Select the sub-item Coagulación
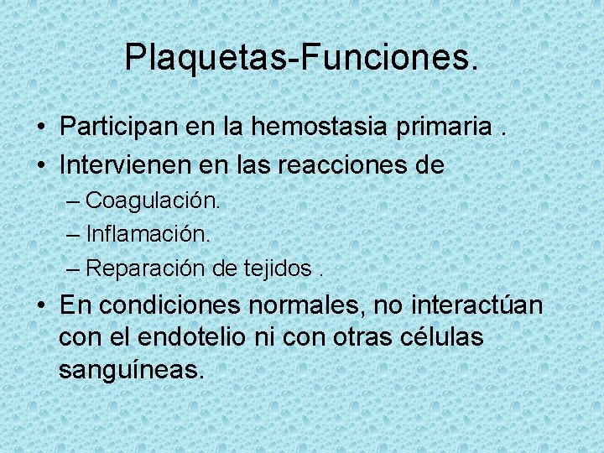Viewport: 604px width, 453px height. [152, 200]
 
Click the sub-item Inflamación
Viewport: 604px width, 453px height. [148, 234]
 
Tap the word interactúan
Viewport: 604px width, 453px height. [477, 305]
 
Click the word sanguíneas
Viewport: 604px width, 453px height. [131, 370]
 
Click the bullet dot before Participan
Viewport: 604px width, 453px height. [41, 128]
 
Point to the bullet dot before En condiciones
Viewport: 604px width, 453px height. [41, 306]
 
